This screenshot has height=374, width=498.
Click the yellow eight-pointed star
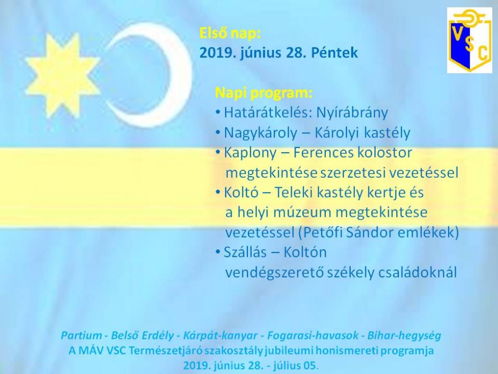[x=63, y=75]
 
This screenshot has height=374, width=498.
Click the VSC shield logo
[x=469, y=40]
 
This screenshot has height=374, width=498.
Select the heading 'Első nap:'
[x=230, y=33]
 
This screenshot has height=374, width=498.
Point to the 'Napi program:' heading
[x=264, y=93]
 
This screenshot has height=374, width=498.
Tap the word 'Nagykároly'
[x=261, y=133]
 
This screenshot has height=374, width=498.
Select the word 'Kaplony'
[x=250, y=153]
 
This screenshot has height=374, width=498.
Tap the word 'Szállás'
[x=245, y=253]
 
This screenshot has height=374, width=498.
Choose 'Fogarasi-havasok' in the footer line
[x=313, y=335]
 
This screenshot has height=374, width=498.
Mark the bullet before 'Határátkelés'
[x=218, y=112]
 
